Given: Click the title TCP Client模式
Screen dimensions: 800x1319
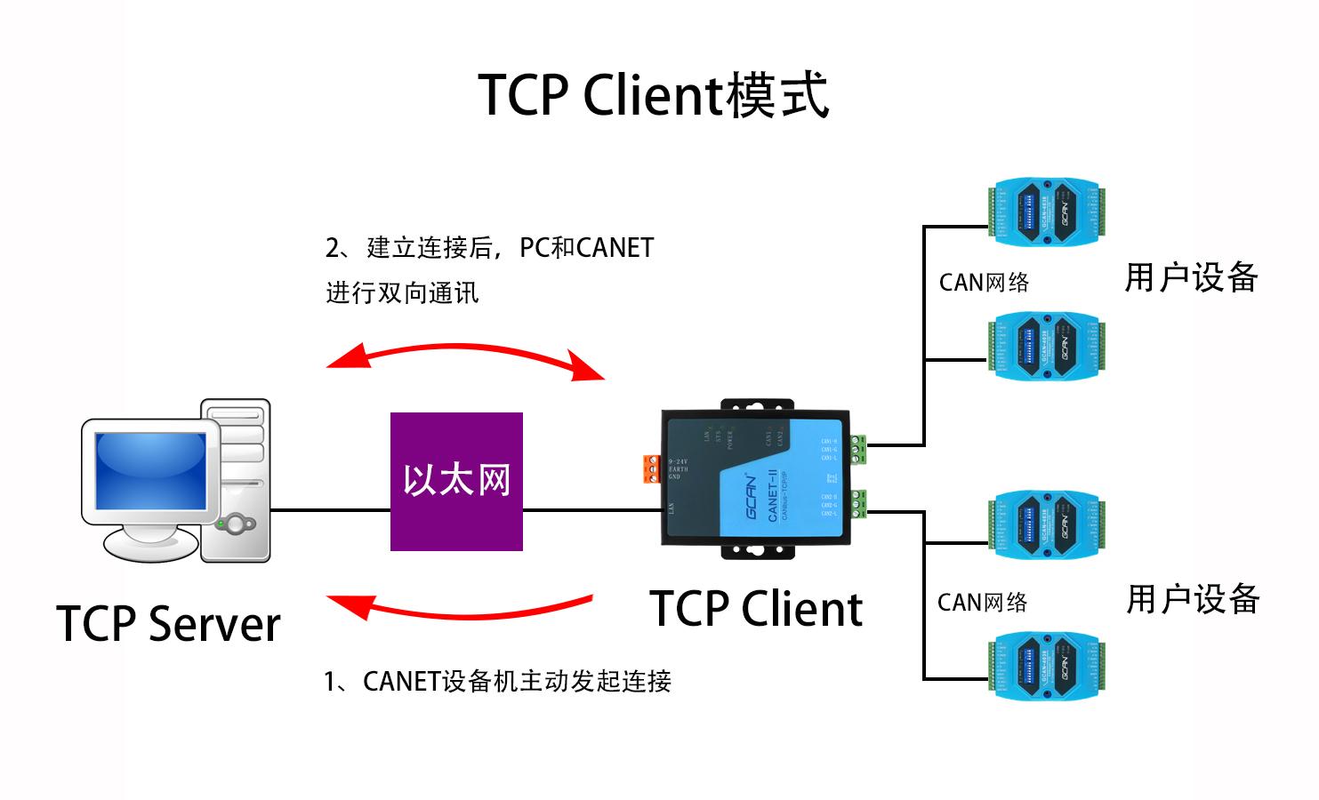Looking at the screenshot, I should pyautogui.click(x=654, y=94).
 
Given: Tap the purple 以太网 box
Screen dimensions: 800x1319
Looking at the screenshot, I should pyautogui.click(x=456, y=481).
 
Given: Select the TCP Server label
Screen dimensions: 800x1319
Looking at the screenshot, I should pyautogui.click(x=168, y=623).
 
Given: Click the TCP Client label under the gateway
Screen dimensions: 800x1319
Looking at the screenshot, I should pyautogui.click(x=756, y=609).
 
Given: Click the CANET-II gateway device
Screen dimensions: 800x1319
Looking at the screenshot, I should pyautogui.click(x=756, y=480).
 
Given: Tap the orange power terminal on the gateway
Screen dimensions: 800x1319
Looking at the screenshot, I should pyautogui.click(x=653, y=469).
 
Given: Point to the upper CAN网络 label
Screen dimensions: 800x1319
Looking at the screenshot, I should pyautogui.click(x=984, y=283).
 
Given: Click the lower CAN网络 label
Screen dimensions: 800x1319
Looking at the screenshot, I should pyautogui.click(x=982, y=603).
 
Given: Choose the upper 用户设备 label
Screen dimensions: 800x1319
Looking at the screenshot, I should pyautogui.click(x=1191, y=277).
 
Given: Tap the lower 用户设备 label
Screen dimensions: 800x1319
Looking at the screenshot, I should pyautogui.click(x=1193, y=599).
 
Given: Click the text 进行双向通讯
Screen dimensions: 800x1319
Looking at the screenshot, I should pyautogui.click(x=402, y=293).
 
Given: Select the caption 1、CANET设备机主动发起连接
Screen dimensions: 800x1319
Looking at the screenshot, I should pyautogui.click(x=497, y=682).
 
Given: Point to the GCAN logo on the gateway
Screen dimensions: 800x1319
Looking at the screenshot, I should pyautogui.click(x=752, y=498).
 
